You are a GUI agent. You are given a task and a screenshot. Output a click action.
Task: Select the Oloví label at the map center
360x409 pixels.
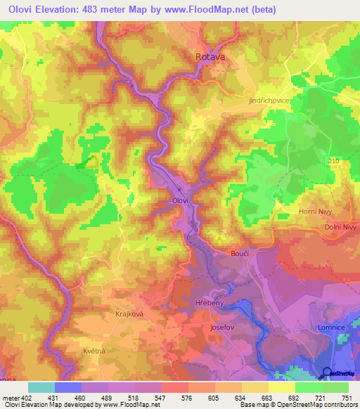tap(180, 200)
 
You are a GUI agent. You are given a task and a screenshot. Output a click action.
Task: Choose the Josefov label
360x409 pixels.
tap(222, 327)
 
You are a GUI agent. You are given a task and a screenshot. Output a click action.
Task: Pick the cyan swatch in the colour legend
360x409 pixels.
tap(41, 387)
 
